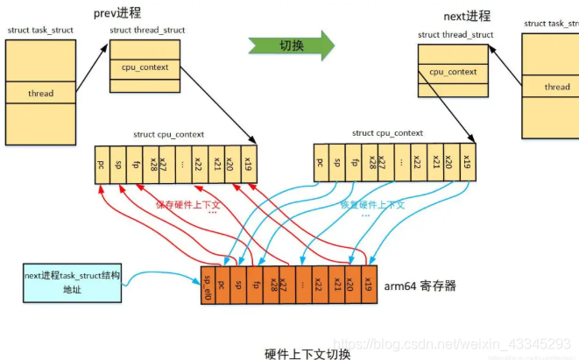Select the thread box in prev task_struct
pyautogui.click(x=40, y=93)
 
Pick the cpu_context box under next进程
pyautogui.click(x=453, y=72)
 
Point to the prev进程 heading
pyautogui.click(x=120, y=12)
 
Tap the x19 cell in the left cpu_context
pyautogui.click(x=249, y=164)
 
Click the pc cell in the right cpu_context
pyautogui.click(x=321, y=161)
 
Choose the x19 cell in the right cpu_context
pyautogui.click(x=467, y=161)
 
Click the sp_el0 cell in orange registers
pyautogui.click(x=208, y=286)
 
